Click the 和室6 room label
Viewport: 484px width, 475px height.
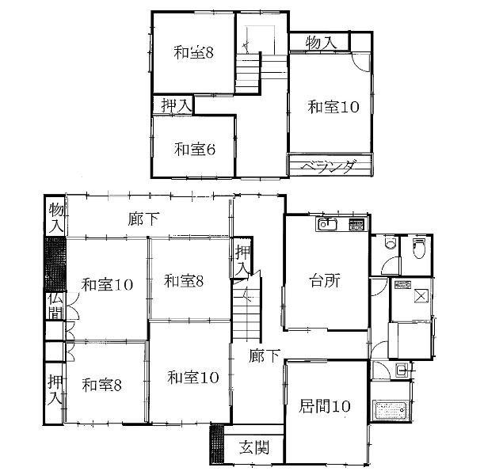[x=195, y=150]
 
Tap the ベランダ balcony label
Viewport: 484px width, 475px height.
[x=328, y=166]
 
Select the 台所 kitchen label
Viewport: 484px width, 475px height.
[x=325, y=281]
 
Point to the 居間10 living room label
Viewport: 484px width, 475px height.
[x=325, y=406]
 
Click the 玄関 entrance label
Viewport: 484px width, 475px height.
[x=254, y=446]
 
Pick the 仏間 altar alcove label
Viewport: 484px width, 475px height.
[x=55, y=306]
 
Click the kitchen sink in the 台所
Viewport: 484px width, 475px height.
[x=327, y=224]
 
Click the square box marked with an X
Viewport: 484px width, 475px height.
[x=421, y=296]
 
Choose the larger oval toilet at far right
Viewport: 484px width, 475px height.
[x=418, y=248]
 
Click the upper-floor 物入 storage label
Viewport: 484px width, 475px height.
[x=321, y=43]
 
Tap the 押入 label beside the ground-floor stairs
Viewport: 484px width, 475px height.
[x=242, y=260]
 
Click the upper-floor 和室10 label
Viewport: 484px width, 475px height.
[x=333, y=107]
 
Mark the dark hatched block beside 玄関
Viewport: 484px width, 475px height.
[x=216, y=444]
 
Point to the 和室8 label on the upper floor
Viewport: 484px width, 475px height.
[x=193, y=52]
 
